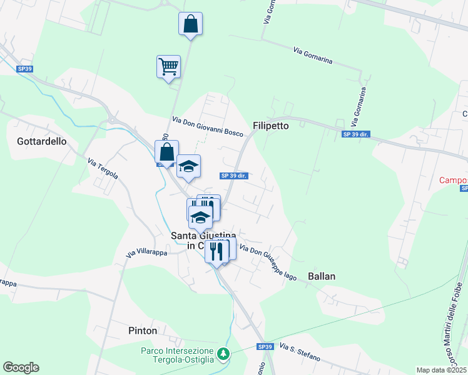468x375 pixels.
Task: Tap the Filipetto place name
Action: click(x=271, y=126)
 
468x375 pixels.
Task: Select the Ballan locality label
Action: click(x=322, y=276)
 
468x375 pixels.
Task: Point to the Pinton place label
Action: click(x=142, y=330)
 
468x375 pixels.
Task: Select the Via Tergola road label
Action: click(x=103, y=169)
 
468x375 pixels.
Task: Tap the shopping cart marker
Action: click(x=168, y=66)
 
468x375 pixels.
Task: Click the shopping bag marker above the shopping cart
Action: click(x=190, y=24)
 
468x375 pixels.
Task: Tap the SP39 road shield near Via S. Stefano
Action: click(x=265, y=347)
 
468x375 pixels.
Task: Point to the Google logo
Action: click(x=21, y=367)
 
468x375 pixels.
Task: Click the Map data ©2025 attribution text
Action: click(x=441, y=370)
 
